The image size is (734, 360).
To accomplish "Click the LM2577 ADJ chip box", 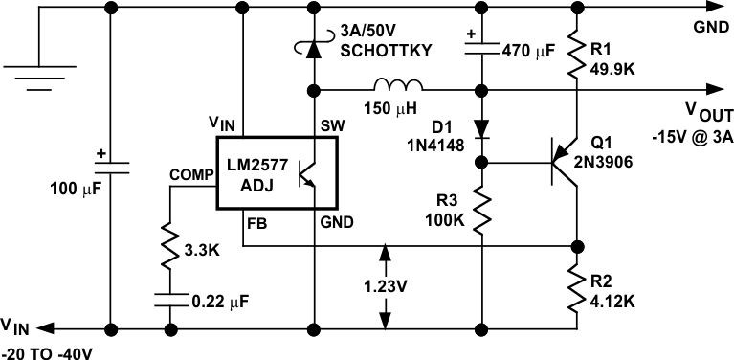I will click(278, 172).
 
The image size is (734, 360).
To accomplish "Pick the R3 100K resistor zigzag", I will click(481, 211).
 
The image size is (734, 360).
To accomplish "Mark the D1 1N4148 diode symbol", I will click(481, 124).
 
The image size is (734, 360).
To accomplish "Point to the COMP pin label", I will click(188, 175).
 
